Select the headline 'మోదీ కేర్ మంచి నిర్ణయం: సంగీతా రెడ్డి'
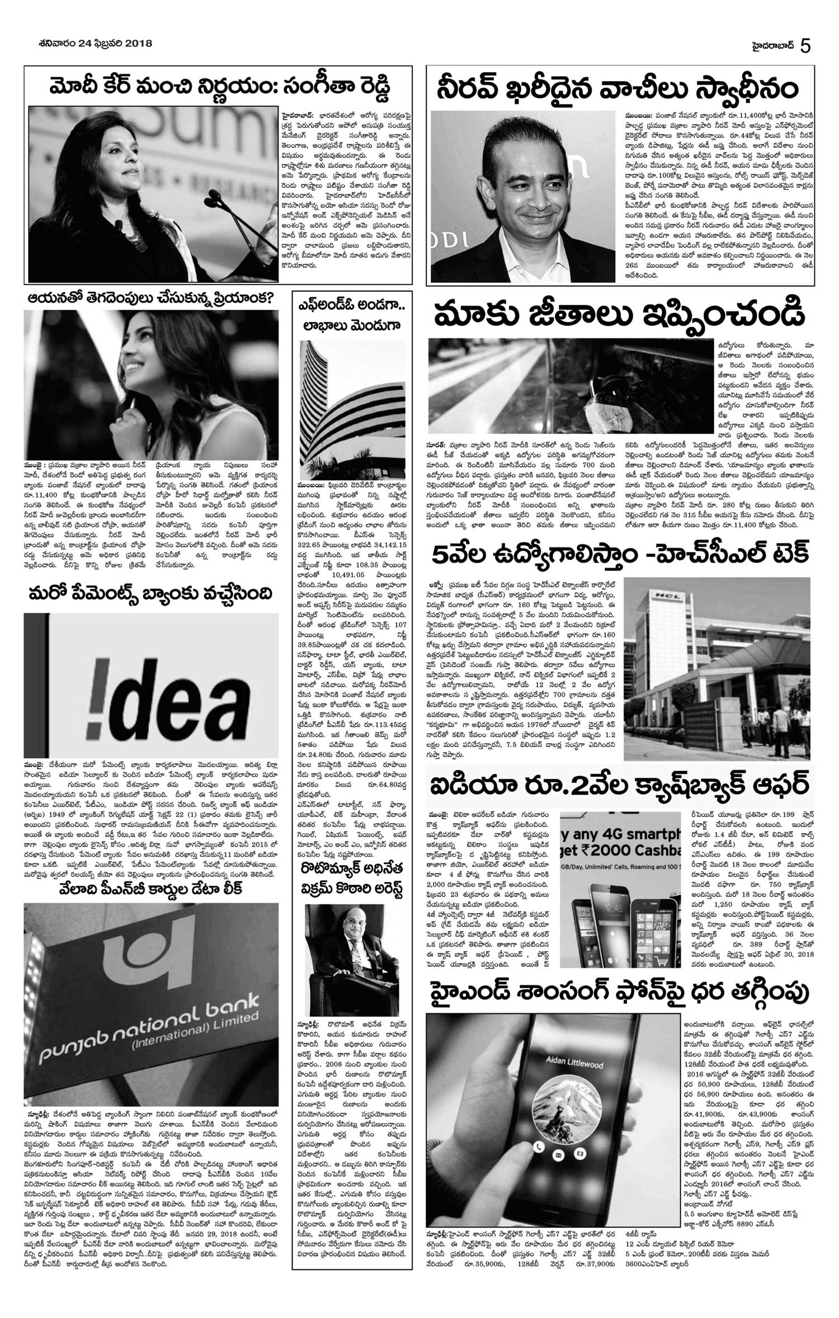pos(218,87)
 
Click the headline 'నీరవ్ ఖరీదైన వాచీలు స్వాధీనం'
pos(618,89)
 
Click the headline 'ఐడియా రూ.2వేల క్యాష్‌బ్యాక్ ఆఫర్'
pos(619,785)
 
